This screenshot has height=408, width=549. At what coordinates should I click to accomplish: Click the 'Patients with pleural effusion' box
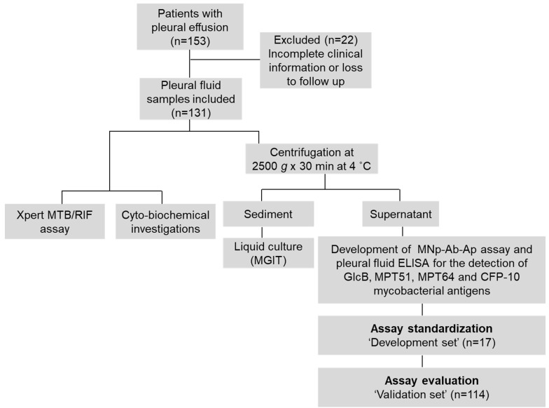pos(190,27)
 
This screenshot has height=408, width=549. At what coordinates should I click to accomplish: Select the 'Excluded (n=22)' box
pos(315,60)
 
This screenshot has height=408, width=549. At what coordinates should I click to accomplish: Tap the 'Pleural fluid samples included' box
pos(190,99)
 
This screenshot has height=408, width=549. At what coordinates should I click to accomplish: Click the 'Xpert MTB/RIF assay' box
pos(55,222)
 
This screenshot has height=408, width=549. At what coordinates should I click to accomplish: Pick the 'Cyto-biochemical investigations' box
pos(165,222)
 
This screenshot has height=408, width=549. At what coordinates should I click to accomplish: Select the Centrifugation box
pos(312,158)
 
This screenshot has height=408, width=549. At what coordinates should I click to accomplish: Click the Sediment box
pos(268,214)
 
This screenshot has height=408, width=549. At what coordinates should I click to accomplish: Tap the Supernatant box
pos(401,214)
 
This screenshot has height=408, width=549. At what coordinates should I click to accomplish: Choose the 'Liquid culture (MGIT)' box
pos(268,253)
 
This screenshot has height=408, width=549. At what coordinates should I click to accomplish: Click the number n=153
pos(190,41)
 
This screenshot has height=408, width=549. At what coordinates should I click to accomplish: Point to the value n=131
pos(191,113)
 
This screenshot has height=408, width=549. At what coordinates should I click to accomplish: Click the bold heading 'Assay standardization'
pos(431,328)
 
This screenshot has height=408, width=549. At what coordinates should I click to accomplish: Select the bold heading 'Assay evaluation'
pos(431,380)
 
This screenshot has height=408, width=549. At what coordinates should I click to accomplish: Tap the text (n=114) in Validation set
pos(469,394)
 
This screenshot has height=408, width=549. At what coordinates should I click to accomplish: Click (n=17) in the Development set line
pos(479,342)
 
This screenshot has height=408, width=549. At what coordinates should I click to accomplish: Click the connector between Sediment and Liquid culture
pos(262,232)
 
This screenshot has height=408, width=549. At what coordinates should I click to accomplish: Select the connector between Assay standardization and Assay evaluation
pos(422,362)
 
